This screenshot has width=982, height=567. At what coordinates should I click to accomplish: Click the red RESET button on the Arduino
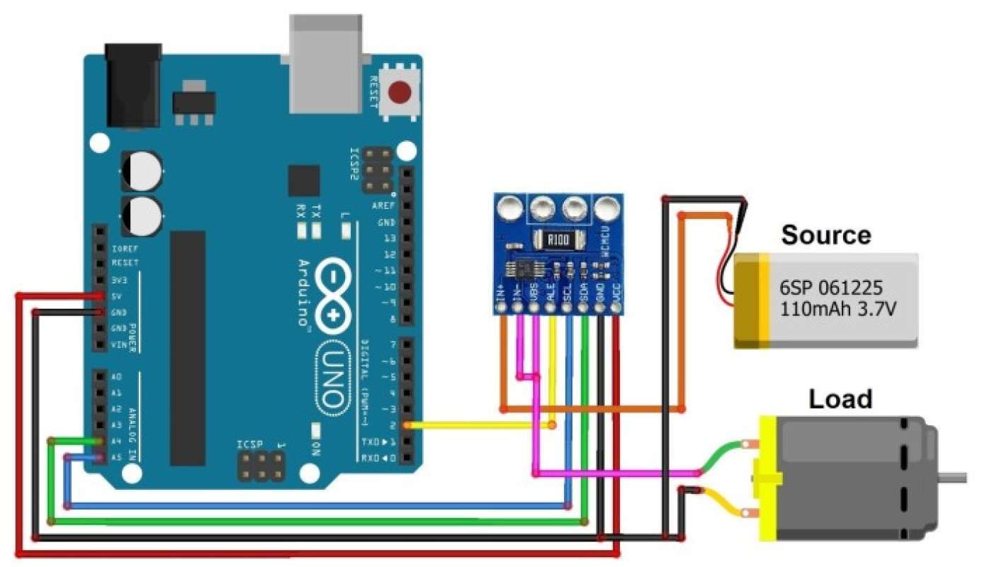click(x=401, y=92)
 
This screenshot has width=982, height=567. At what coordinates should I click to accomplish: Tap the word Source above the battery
click(x=825, y=235)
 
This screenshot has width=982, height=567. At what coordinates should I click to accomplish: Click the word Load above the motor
click(x=840, y=399)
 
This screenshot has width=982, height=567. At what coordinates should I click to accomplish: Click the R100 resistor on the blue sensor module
click(x=557, y=240)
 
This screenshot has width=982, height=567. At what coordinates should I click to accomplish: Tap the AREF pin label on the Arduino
click(x=383, y=205)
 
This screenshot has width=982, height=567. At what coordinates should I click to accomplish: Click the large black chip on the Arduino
click(x=187, y=347)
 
